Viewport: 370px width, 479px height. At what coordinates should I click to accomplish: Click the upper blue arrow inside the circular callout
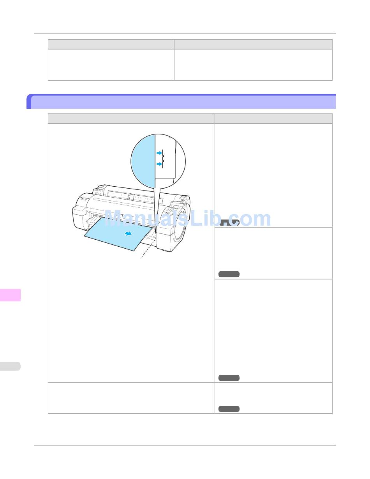[x=159, y=153]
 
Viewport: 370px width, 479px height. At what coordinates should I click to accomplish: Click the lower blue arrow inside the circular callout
[x=159, y=164]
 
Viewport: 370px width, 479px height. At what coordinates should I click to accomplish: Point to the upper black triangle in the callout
[x=163, y=156]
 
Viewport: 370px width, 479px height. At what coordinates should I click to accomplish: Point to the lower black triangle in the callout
[x=163, y=161]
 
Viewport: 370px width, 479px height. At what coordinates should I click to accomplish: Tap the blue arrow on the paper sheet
[x=129, y=233]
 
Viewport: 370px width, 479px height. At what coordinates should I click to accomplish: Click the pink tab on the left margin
[x=11, y=295]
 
